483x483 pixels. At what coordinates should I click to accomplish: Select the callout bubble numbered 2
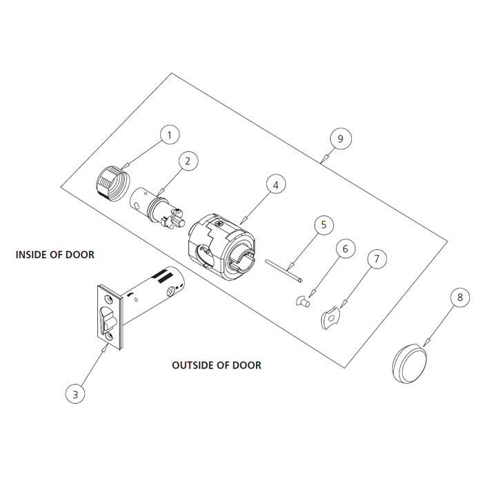point(186,160)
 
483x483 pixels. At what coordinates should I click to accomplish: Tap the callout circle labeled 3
point(75,394)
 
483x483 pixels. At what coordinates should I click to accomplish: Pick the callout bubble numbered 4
point(275,185)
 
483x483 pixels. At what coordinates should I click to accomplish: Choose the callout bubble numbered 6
point(346,248)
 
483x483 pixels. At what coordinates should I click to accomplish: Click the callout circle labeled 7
point(377,259)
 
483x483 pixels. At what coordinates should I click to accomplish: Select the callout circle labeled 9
point(339,139)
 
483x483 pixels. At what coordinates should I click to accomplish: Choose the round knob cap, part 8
point(409,362)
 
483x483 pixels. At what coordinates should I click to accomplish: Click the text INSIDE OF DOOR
point(55,255)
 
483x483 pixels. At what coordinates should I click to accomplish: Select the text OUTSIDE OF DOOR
point(216,365)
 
